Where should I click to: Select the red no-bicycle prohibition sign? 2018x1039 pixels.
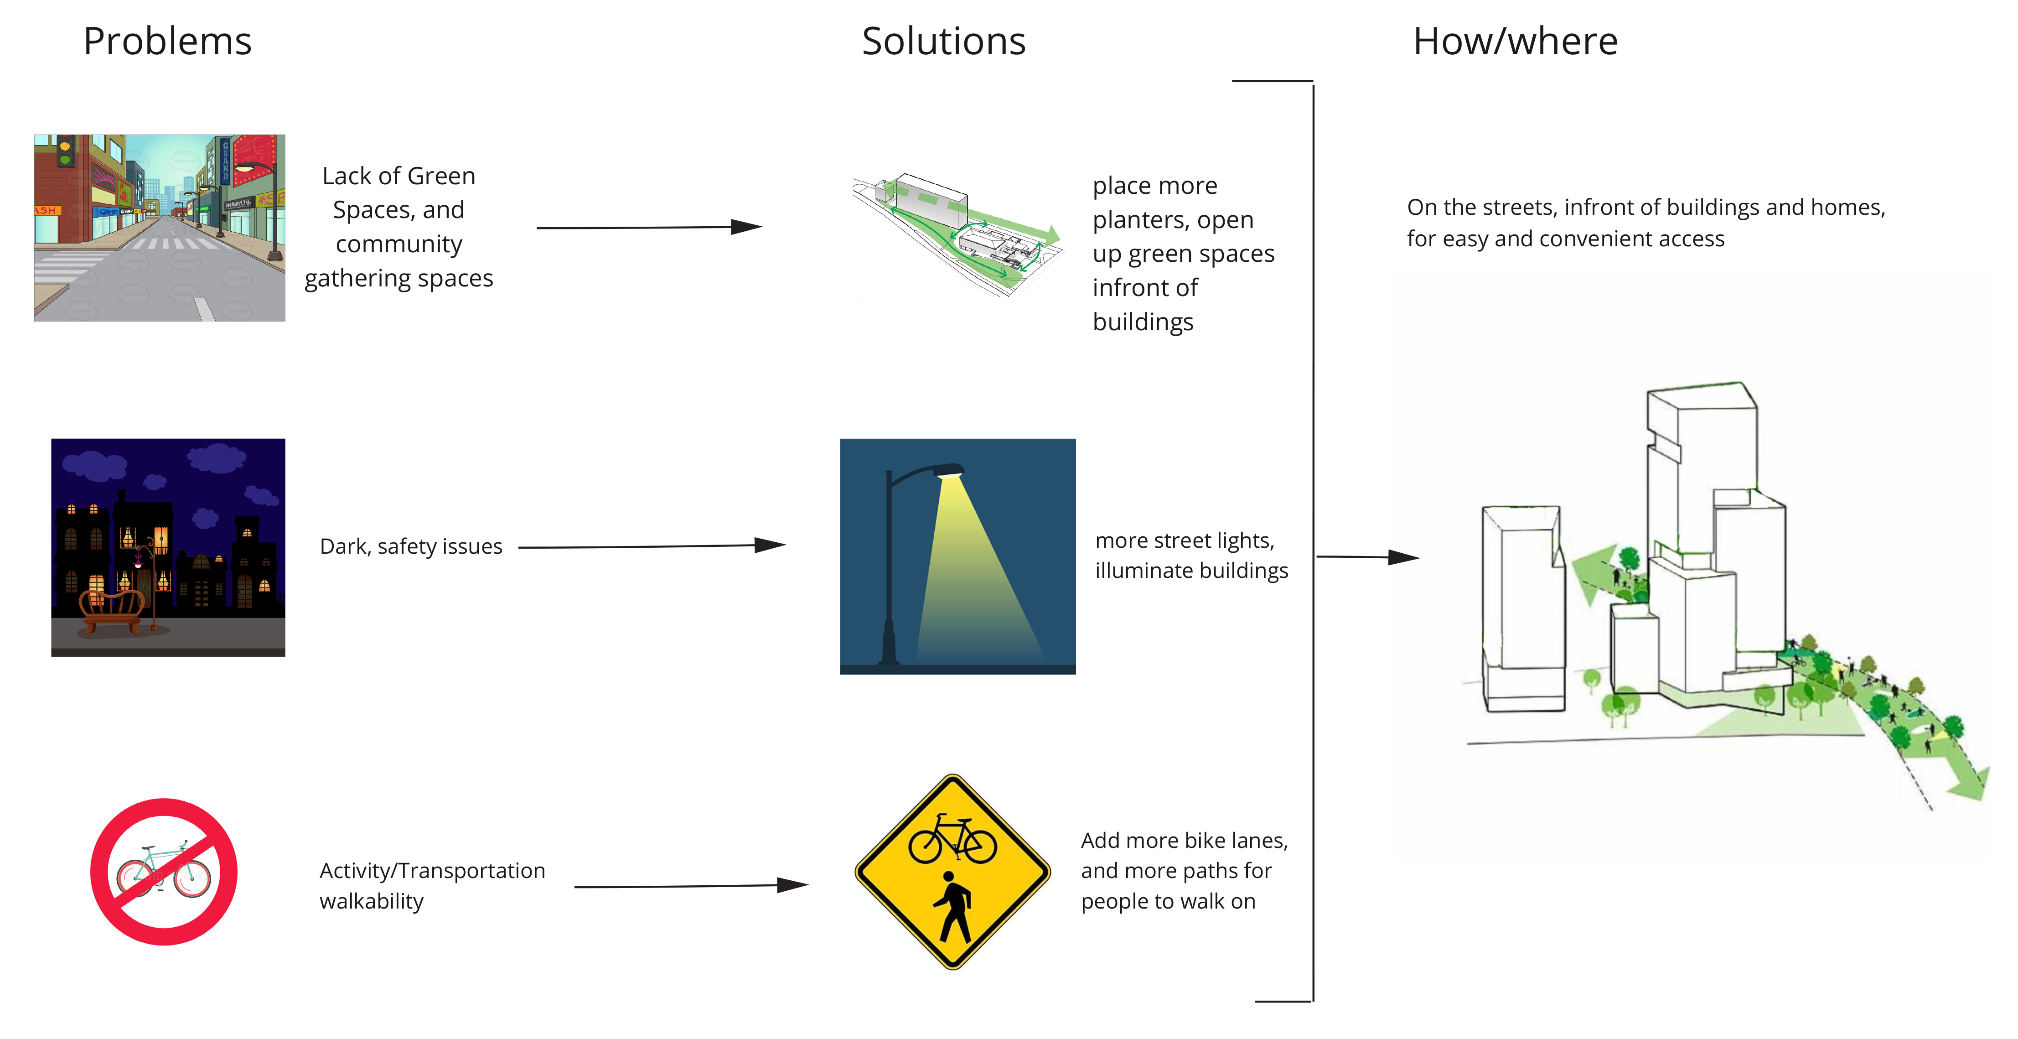coord(164,871)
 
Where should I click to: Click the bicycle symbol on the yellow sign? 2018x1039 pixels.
coord(952,837)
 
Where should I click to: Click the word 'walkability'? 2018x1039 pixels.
coord(371,901)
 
